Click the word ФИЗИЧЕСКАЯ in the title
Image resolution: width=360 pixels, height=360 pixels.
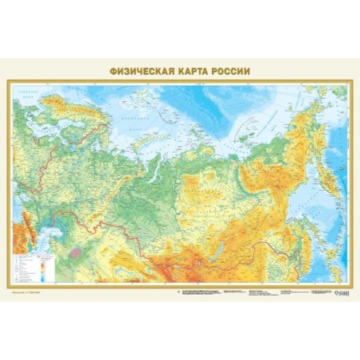(x=139, y=70)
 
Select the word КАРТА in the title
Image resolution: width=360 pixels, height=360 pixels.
(x=194, y=70)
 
